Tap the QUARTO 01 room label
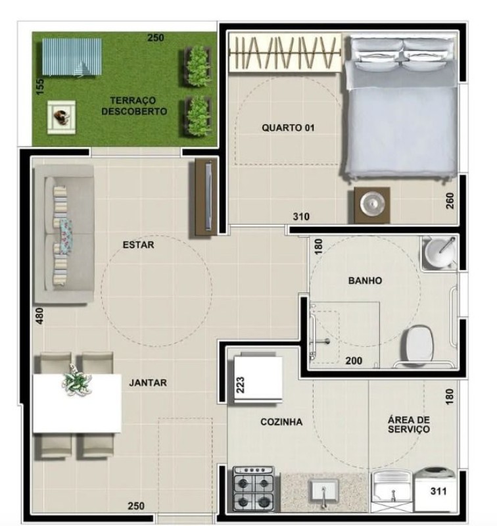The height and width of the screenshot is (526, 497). (288, 128)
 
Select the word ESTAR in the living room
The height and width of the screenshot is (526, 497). (138, 245)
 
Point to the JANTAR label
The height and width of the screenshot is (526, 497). (148, 383)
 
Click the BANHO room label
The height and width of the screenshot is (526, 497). (365, 280)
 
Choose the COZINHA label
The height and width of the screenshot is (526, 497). (281, 422)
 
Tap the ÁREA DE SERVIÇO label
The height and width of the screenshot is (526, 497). (408, 424)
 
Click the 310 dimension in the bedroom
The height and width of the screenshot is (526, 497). (302, 216)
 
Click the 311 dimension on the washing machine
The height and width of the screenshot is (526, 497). (439, 490)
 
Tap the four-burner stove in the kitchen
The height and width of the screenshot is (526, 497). (255, 490)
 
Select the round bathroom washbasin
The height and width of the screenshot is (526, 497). (438, 253)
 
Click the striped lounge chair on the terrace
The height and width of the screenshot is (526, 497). (71, 57)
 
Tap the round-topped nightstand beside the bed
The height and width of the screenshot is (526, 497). (372, 204)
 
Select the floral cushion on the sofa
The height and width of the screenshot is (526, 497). (66, 231)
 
